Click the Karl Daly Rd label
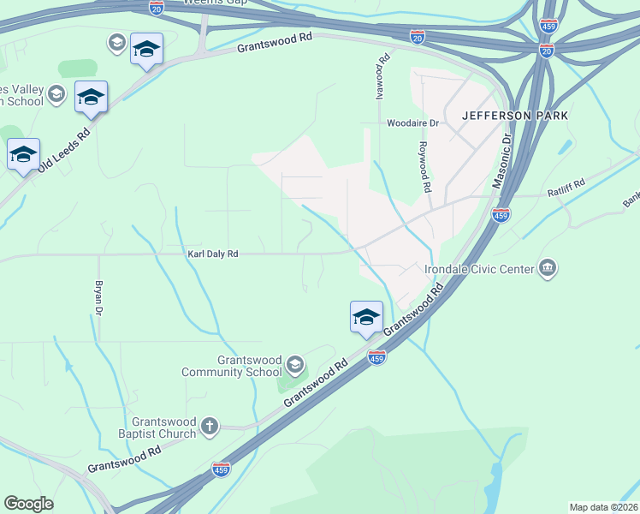213,254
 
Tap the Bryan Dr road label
99,298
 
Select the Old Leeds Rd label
65,150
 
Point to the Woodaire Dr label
412,123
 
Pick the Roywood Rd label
424,166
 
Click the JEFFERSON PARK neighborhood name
515,115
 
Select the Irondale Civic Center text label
479,269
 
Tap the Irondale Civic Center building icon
548,269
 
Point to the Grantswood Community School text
231,366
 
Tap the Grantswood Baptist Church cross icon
210,426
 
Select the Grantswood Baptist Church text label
164,427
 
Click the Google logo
28,504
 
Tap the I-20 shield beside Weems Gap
157,7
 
